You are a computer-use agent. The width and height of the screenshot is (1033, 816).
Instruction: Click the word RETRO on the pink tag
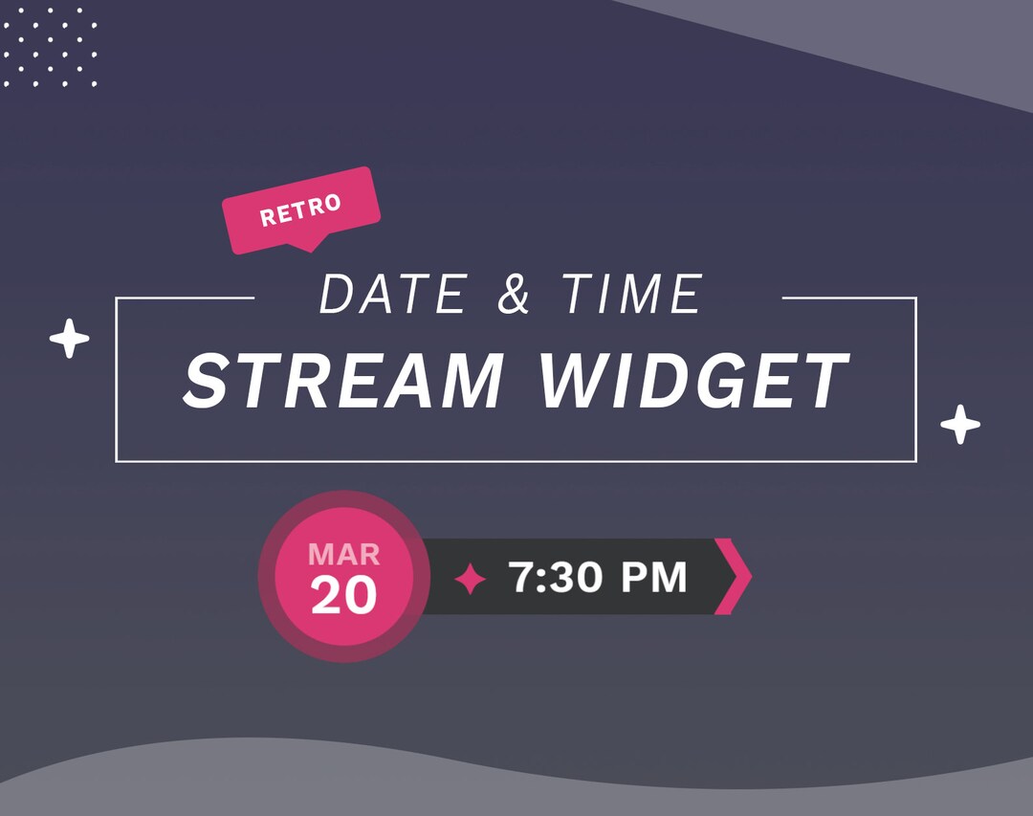click(x=300, y=210)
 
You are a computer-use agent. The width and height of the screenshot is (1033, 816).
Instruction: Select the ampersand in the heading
click(x=514, y=295)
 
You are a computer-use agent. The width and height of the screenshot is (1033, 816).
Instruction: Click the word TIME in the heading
click(x=632, y=295)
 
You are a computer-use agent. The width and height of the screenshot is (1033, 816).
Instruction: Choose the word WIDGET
click(x=693, y=380)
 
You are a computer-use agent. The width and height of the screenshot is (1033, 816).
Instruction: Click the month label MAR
click(x=344, y=554)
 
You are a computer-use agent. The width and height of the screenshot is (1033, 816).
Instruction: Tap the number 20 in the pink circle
click(x=344, y=596)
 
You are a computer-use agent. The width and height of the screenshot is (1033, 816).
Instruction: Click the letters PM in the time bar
click(x=654, y=577)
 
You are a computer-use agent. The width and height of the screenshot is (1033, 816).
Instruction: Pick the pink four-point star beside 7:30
click(x=470, y=579)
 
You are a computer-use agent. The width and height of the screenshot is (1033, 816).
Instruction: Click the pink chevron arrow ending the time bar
click(x=735, y=576)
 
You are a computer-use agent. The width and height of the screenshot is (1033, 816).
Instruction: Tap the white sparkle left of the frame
click(x=70, y=339)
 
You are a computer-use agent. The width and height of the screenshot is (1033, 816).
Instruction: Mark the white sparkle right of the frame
click(x=960, y=424)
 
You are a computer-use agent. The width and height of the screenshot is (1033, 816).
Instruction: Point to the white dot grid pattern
click(x=51, y=48)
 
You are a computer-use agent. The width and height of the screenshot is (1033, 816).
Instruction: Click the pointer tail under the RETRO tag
click(x=305, y=246)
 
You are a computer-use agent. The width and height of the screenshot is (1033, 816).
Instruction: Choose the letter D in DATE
click(x=340, y=295)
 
